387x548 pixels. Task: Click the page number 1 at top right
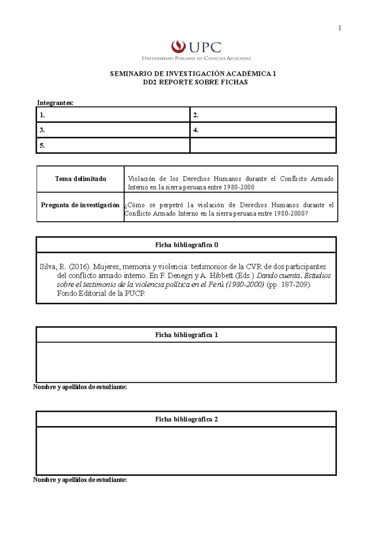(340, 28)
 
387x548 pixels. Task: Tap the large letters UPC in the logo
(205, 47)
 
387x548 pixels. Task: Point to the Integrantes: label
(55, 103)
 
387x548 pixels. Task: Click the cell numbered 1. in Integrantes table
(113, 115)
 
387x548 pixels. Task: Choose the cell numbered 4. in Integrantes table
(263, 130)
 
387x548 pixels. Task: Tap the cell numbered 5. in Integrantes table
(113, 146)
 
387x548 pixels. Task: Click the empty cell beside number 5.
(263, 146)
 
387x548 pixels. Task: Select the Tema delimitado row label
(80, 179)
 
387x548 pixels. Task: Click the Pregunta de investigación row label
(80, 205)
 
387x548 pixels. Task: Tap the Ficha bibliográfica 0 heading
(186, 245)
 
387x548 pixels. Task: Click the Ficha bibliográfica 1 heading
(186, 335)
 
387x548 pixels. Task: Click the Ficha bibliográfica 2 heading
(186, 419)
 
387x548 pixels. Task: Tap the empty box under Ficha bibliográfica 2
(186, 451)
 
